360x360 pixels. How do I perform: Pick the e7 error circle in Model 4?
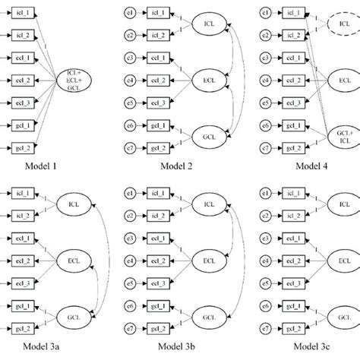pos(265,147)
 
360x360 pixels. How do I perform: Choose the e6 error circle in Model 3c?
pos(265,308)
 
